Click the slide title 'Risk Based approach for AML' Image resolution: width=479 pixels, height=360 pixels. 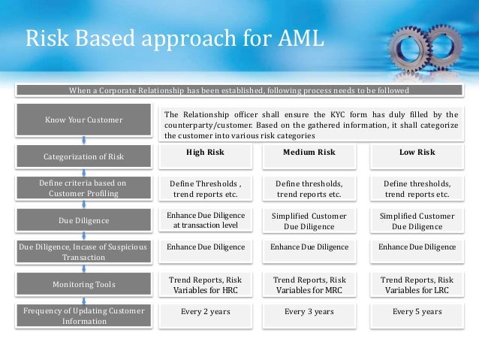174,37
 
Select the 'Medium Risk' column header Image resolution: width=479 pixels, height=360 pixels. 309,153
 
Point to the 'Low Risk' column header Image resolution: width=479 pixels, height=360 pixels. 416,153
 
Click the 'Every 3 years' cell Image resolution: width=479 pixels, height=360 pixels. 309,310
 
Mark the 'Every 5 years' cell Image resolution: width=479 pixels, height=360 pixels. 416,310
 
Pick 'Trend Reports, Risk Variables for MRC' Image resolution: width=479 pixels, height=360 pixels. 309,285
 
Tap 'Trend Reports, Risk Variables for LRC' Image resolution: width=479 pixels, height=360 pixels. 416,285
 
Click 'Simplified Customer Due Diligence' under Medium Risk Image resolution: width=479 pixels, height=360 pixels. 309,220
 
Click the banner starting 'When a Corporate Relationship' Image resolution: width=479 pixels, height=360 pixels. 239,91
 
